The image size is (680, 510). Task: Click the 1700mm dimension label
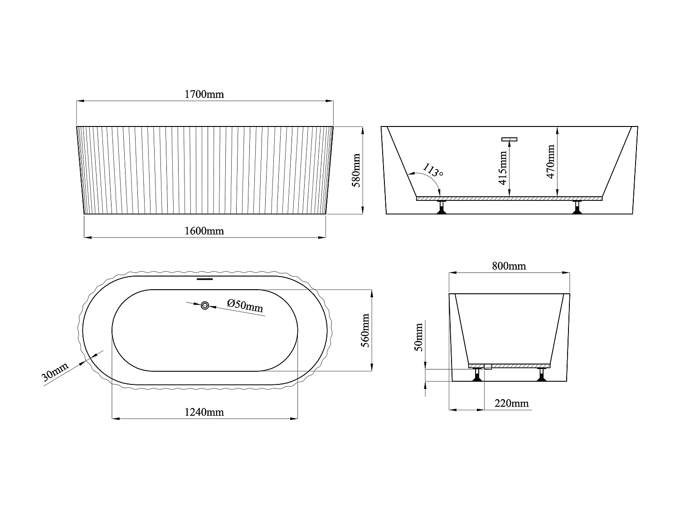click(x=204, y=94)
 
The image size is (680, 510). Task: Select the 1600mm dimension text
click(x=204, y=231)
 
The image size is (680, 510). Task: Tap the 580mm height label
click(x=356, y=170)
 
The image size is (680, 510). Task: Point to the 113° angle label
click(x=433, y=170)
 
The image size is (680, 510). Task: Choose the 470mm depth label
click(x=550, y=161)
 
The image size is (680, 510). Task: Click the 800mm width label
click(x=509, y=266)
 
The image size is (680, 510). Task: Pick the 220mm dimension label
click(x=511, y=403)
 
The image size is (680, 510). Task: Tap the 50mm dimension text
click(x=419, y=337)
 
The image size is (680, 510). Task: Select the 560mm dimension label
click(x=365, y=330)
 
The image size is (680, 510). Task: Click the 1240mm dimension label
click(x=204, y=412)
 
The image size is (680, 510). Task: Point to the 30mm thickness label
click(x=55, y=373)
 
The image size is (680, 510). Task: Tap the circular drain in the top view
click(x=205, y=306)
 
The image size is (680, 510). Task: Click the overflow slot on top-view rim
click(x=204, y=279)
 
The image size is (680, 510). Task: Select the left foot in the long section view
click(x=441, y=207)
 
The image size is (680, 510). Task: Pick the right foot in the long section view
click(x=577, y=207)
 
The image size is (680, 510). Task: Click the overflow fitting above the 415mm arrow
click(x=510, y=139)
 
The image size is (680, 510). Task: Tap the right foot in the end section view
click(x=541, y=375)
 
